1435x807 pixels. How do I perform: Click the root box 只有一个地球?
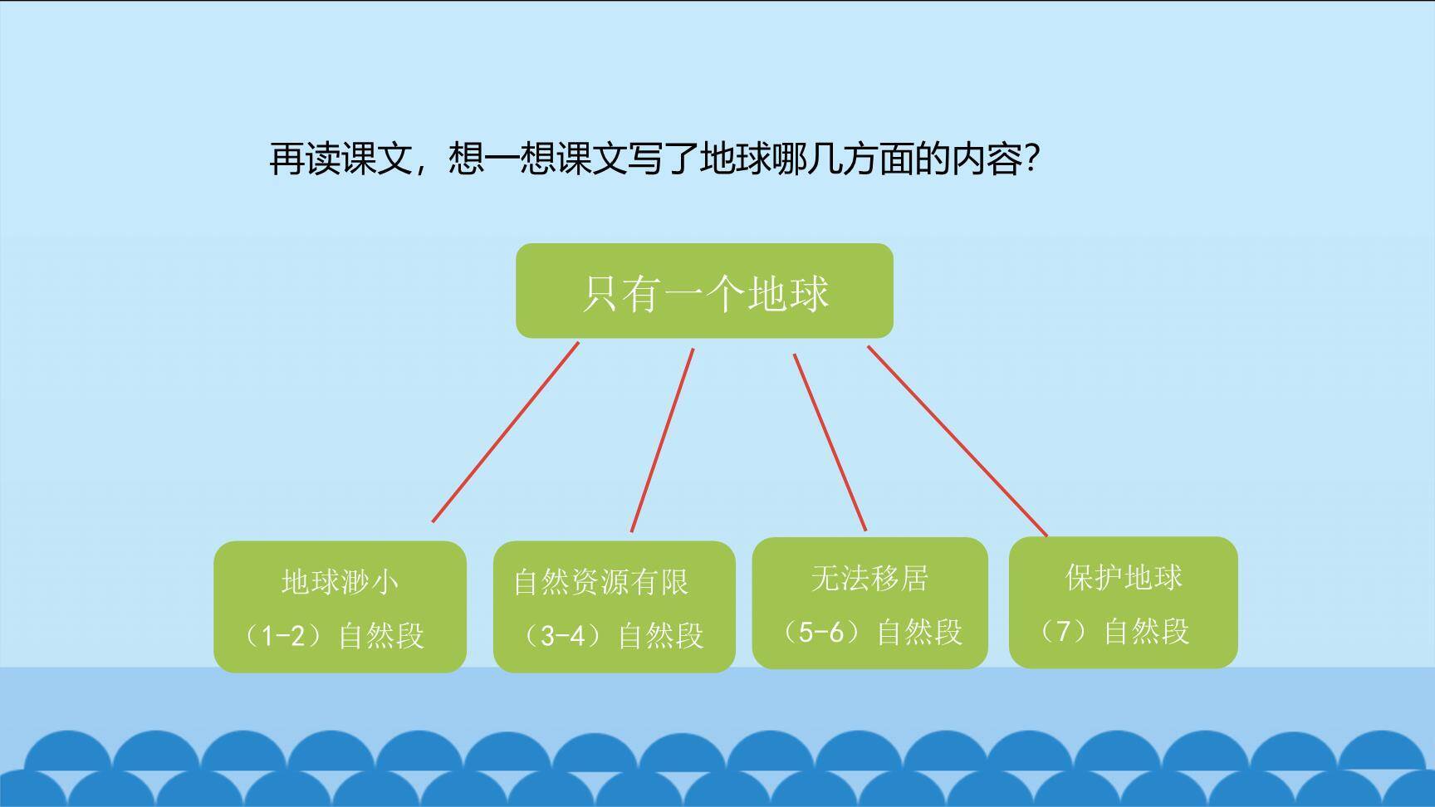[704, 291]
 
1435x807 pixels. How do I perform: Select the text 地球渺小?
[340, 581]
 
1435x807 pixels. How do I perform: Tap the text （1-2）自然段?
[332, 635]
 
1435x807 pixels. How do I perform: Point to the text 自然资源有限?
[601, 581]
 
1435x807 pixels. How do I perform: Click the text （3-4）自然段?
[612, 635]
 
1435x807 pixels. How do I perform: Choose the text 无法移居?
[869, 578]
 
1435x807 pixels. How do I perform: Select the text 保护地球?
[1124, 577]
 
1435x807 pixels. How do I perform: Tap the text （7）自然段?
[1114, 631]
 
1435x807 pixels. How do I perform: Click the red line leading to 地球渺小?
[505, 433]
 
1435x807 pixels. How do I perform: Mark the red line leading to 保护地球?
[957, 441]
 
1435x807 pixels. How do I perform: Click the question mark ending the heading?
[1032, 158]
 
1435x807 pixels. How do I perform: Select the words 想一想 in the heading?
[502, 158]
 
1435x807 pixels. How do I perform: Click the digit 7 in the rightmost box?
[1063, 631]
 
